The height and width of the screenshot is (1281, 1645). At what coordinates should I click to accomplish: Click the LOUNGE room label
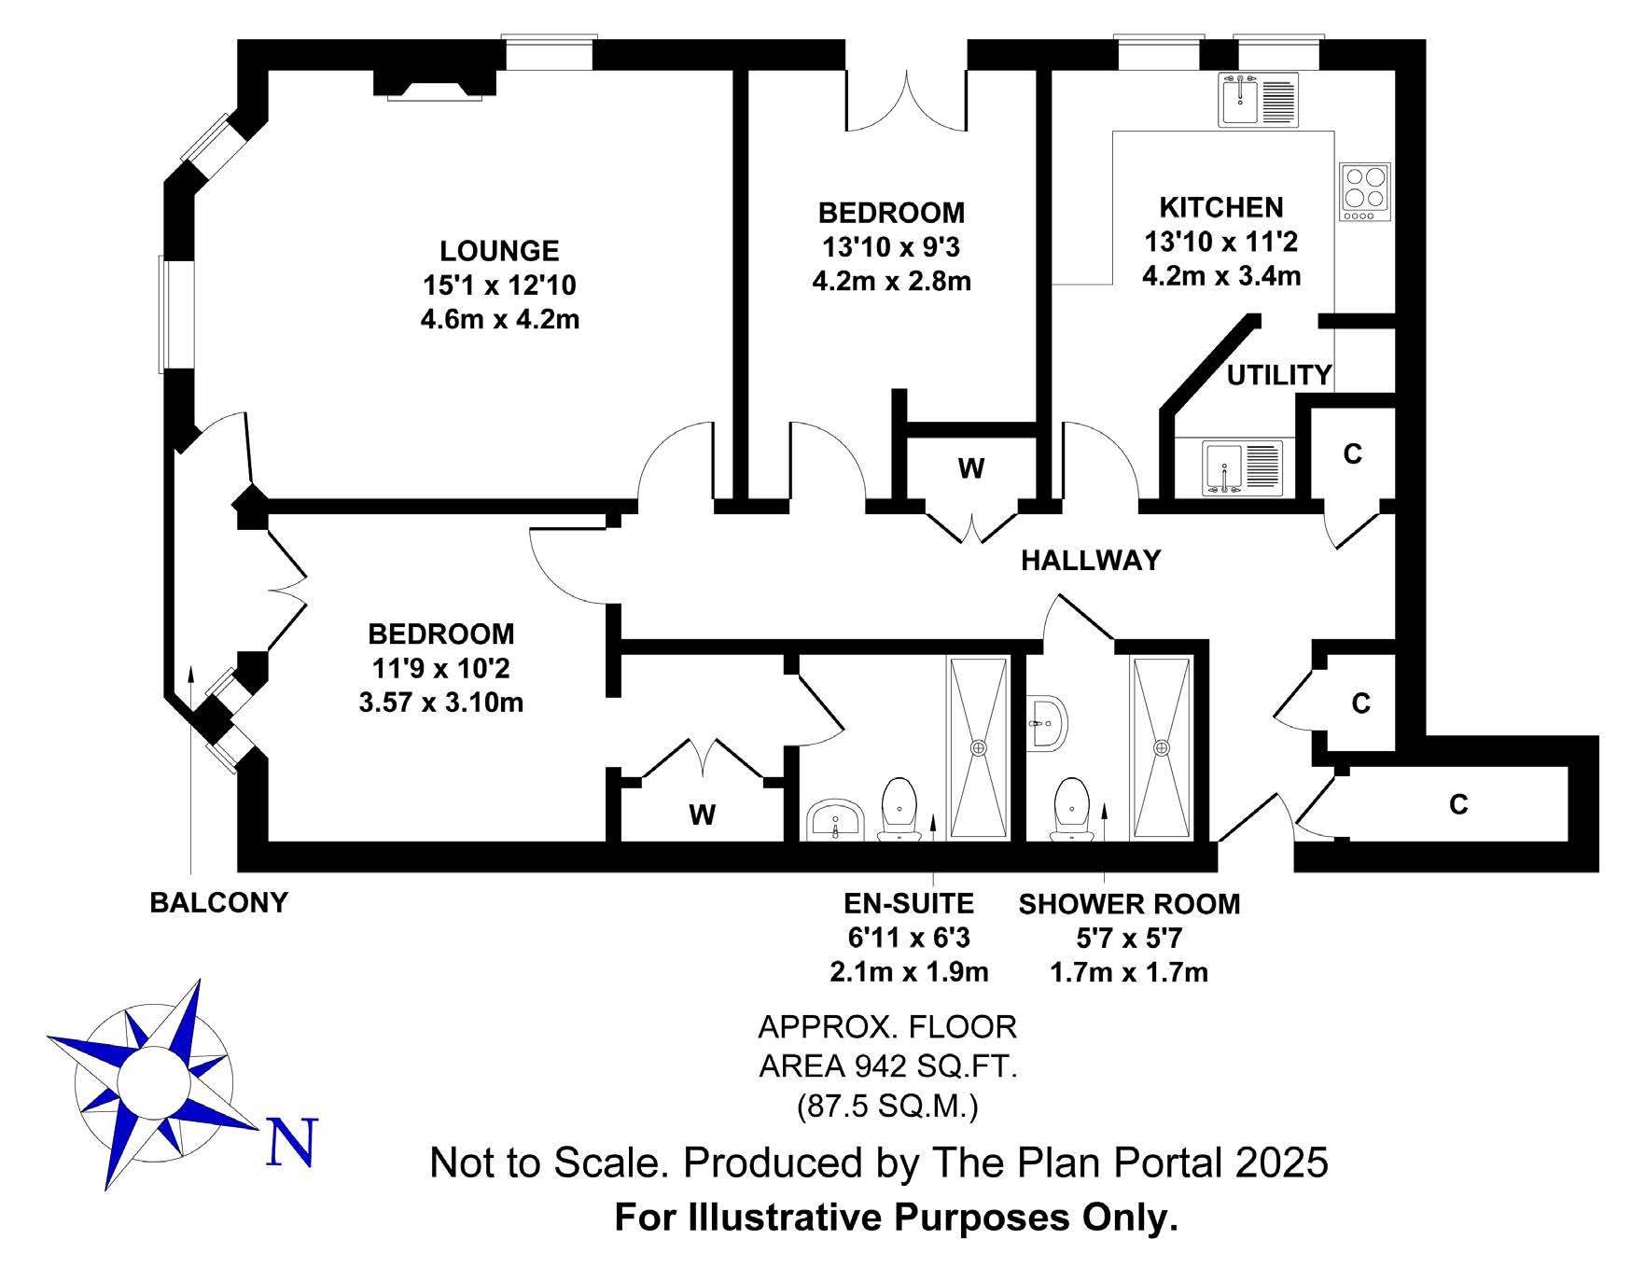click(499, 251)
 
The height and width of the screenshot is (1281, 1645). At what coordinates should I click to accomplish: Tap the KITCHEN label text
click(1220, 207)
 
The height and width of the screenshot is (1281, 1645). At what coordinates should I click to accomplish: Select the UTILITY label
click(1279, 375)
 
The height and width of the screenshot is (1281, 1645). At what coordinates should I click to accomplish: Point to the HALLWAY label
click(1091, 560)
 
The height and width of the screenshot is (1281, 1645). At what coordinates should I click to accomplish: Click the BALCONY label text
click(219, 902)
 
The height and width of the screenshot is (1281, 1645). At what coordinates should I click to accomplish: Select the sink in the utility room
click(1243, 466)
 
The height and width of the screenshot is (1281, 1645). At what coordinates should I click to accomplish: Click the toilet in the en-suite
click(899, 808)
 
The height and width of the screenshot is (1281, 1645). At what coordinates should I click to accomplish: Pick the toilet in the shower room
click(1070, 808)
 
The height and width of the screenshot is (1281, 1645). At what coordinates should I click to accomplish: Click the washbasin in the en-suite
click(835, 820)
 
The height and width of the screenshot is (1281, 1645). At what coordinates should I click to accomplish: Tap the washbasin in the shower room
click(1049, 722)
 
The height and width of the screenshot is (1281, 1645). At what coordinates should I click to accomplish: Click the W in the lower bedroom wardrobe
click(703, 815)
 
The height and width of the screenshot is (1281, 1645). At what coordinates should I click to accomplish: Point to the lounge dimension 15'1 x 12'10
click(500, 285)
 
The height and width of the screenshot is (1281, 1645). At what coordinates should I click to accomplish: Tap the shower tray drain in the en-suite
click(979, 747)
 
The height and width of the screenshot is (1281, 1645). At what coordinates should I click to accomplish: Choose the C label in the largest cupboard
click(1459, 803)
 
